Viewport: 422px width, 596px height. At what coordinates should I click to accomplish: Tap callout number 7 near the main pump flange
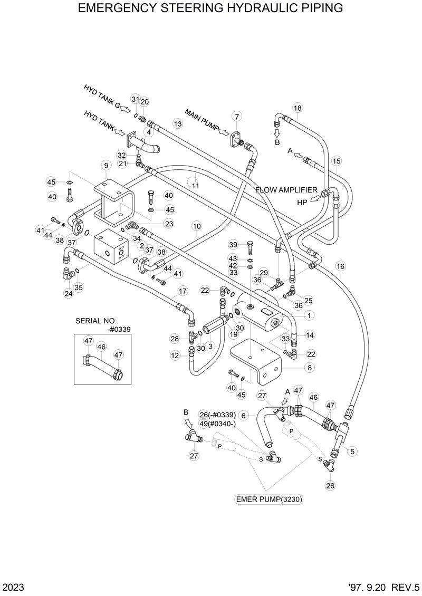coord(237,117)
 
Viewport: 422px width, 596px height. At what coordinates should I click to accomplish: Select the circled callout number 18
coord(298,108)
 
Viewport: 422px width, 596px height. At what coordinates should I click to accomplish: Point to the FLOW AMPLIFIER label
coord(286,190)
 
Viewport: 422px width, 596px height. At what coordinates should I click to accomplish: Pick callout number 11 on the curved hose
coord(195,186)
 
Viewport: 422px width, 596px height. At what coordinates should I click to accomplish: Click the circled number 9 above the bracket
coord(106,166)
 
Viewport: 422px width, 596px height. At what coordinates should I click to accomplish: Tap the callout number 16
coord(340,266)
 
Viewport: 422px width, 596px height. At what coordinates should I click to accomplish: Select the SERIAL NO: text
coord(95,321)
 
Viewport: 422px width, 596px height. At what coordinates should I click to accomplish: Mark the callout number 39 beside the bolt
coord(233,244)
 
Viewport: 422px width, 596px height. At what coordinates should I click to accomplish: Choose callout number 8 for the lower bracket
coord(309,368)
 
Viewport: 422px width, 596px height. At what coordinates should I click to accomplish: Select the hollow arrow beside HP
coord(315,199)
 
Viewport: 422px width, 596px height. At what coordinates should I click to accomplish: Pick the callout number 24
coord(68,294)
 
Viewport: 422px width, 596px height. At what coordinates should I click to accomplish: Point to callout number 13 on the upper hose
coord(177,124)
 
